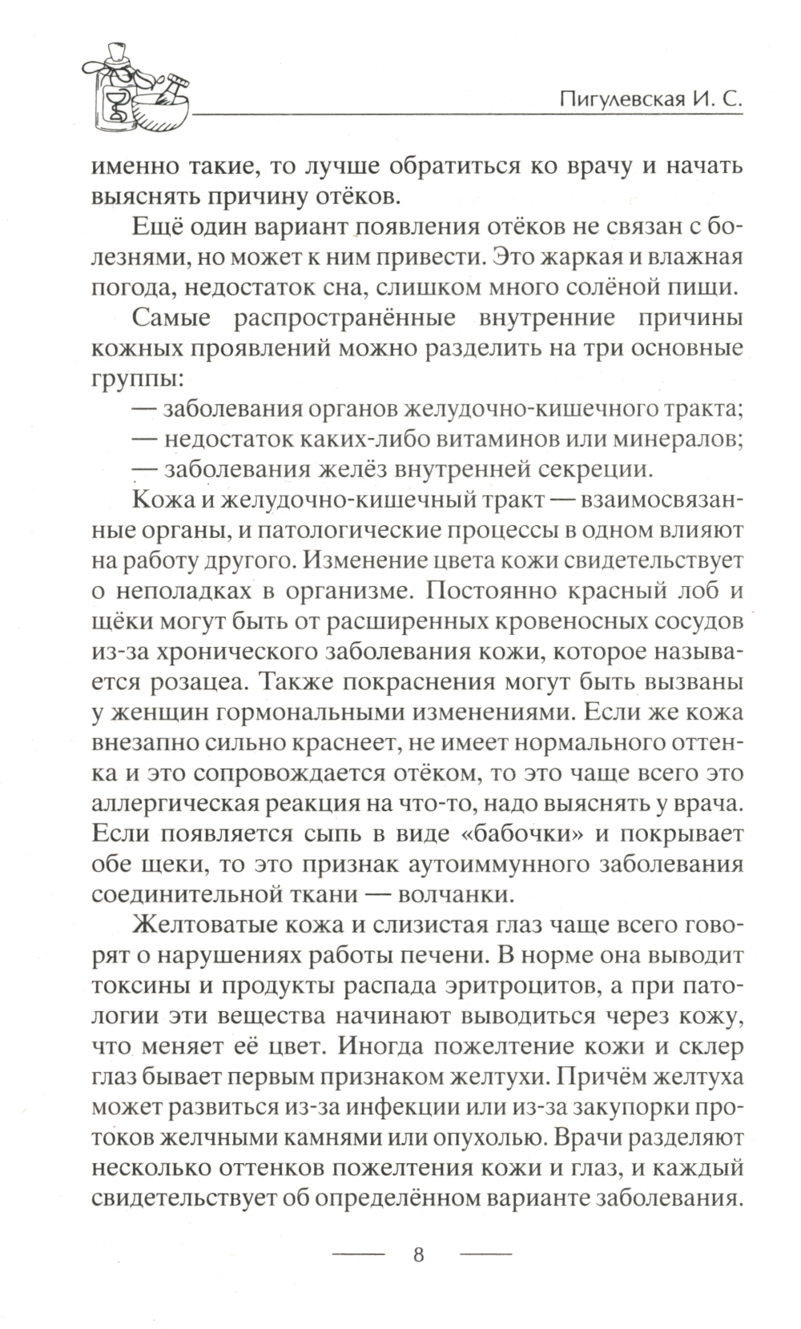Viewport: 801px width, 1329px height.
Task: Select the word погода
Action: coord(125,284)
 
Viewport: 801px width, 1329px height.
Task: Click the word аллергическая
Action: coord(173,803)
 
